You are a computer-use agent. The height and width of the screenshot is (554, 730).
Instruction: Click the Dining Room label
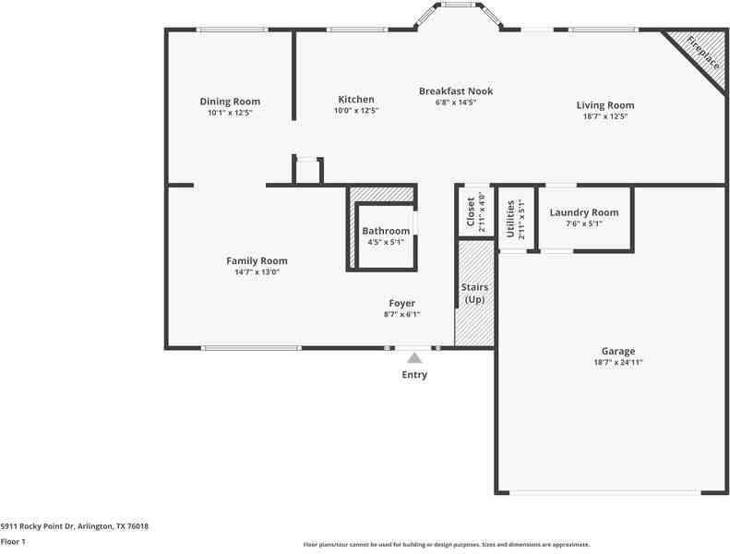230,102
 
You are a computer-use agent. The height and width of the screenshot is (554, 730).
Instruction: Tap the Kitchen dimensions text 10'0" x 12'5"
356,111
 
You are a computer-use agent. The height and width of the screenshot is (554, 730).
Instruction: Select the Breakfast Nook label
456,90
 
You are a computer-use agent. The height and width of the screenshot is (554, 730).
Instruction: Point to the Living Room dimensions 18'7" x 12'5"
605,116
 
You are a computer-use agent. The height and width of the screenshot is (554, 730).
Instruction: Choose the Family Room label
257,261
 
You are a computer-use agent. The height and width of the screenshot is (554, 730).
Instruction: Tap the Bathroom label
386,231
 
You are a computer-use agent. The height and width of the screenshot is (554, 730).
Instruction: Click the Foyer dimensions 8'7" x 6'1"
401,315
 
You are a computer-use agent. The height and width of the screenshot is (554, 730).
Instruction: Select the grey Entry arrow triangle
414,358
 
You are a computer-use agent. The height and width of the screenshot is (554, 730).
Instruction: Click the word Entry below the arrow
414,375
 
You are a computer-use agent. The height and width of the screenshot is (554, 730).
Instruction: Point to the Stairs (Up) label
475,293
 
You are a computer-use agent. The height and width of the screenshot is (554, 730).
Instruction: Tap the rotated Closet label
471,212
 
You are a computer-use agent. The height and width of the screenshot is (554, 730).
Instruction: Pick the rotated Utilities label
510,219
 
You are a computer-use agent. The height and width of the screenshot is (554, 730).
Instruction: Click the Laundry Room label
584,212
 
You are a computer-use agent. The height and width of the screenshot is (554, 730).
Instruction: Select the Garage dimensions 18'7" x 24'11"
618,363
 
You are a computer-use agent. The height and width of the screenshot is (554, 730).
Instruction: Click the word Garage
618,351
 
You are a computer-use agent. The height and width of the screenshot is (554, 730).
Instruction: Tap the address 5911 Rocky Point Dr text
37,526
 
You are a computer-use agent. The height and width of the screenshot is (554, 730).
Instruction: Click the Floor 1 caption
13,541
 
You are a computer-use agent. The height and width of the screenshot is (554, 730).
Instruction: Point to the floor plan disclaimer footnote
447,544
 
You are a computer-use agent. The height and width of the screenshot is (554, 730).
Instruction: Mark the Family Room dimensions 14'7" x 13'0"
257,272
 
